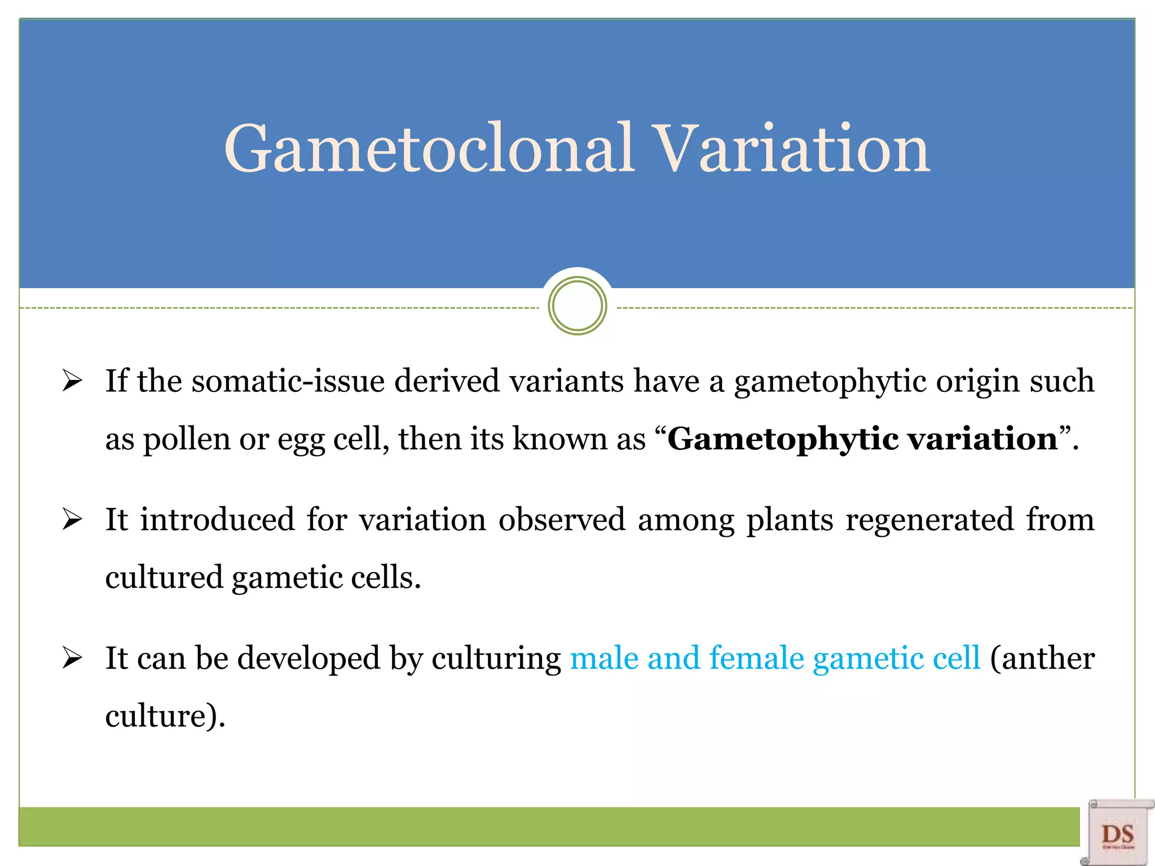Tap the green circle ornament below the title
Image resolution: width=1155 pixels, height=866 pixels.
click(x=577, y=306)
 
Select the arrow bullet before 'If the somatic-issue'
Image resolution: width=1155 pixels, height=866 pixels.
click(x=72, y=381)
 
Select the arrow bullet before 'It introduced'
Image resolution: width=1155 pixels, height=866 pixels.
click(x=72, y=519)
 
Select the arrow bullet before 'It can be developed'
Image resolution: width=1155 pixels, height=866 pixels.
click(x=72, y=658)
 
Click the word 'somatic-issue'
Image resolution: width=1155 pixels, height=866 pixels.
click(x=288, y=381)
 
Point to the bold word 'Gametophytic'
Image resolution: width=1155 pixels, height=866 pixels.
click(x=783, y=440)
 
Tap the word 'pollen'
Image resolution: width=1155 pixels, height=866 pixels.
click(x=186, y=440)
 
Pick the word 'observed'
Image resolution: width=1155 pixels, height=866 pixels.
click(x=562, y=519)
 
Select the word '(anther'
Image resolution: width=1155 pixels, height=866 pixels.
click(x=1042, y=658)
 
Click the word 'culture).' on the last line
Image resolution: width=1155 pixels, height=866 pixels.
click(x=165, y=716)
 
